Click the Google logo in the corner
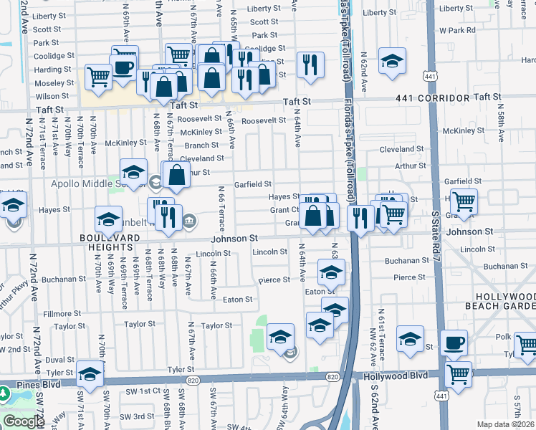click(x=24, y=421)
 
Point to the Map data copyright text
click(x=506, y=424)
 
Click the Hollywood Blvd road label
click(x=394, y=376)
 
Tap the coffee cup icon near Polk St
click(x=453, y=342)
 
